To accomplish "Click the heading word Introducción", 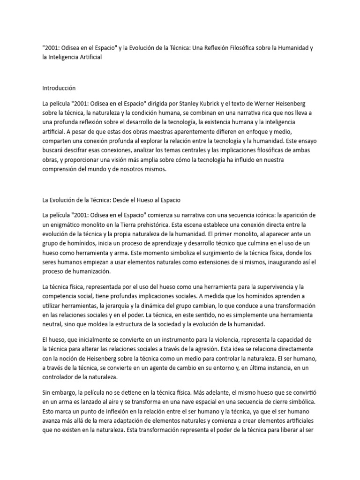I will tap(59, 88).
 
